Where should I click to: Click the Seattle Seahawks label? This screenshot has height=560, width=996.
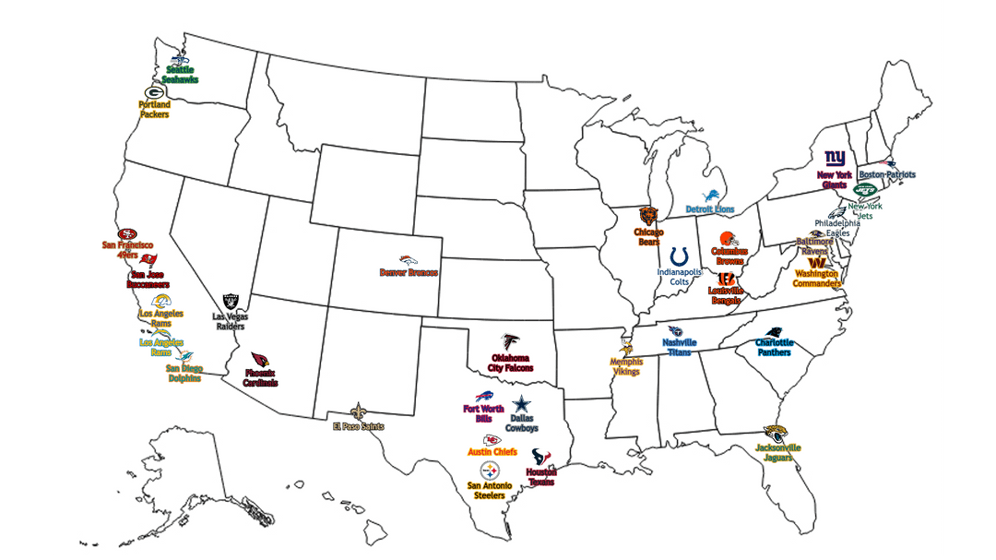[x=182, y=75]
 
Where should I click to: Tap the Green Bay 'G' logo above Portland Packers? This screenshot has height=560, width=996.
[x=154, y=92]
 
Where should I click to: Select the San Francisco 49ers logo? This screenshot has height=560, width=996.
[x=127, y=234]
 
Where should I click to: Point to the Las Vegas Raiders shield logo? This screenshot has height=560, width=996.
[x=231, y=301]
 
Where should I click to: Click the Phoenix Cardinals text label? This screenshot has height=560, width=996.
[x=260, y=378]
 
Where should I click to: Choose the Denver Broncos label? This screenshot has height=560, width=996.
[x=409, y=272]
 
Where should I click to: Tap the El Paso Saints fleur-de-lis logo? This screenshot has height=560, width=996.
[x=358, y=411]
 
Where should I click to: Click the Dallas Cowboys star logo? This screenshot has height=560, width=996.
[x=523, y=404]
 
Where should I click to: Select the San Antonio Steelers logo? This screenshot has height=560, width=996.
[x=489, y=471]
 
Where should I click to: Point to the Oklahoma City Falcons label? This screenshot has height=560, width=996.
[x=511, y=363]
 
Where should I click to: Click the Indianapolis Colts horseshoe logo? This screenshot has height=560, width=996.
[x=680, y=256]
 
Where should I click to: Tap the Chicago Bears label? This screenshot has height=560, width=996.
[x=649, y=237]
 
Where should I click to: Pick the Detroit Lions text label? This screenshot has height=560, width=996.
[x=710, y=209]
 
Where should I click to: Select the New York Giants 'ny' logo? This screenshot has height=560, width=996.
[x=834, y=159]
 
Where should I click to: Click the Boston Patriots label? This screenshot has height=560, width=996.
[x=887, y=174]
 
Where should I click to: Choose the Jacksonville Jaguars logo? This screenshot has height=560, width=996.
[x=776, y=433]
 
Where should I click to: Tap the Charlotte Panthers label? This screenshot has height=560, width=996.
[x=774, y=348]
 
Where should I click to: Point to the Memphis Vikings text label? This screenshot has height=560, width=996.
[x=626, y=367]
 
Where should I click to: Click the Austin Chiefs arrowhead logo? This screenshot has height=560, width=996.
[x=492, y=439]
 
